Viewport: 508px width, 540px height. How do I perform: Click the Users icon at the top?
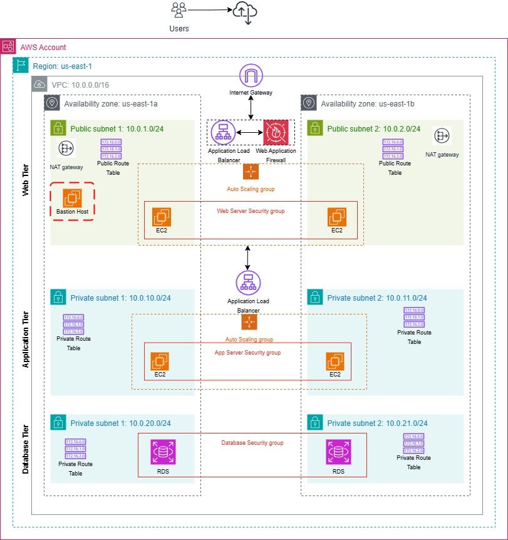point(179,11)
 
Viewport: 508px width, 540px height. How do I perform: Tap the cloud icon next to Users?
point(245,11)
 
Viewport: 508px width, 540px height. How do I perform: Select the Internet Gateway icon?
point(251,76)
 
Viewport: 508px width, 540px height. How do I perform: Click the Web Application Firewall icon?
point(275,132)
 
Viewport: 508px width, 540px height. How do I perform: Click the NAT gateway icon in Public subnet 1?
point(66,148)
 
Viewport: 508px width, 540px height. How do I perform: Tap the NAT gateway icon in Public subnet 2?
point(442,136)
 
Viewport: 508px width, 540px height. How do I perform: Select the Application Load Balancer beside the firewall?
point(222,132)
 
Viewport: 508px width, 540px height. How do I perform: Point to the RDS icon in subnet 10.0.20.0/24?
point(162,452)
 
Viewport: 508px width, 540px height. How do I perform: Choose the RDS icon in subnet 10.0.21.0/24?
point(338,452)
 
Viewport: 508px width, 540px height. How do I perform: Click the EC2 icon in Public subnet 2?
point(337,217)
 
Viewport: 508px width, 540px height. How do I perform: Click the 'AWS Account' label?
point(43,47)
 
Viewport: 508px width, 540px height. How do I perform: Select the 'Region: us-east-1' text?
point(62,66)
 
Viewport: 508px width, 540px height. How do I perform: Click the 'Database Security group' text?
point(252,443)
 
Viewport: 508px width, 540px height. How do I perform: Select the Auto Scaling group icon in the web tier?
point(251,172)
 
